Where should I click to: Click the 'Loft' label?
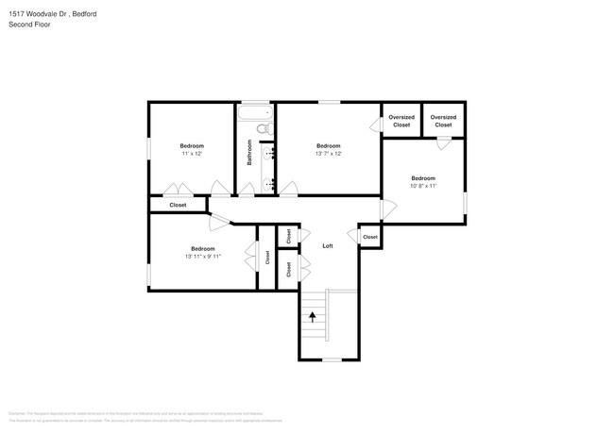[328, 245]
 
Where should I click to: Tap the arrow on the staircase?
[313, 318]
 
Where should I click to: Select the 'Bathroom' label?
[250, 153]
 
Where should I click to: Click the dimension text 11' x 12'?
[192, 153]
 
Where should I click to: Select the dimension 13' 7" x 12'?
[328, 153]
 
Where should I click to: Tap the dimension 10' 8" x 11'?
[422, 186]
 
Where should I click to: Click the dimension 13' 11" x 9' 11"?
[202, 256]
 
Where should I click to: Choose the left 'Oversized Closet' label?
[401, 121]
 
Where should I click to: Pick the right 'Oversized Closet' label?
[443, 121]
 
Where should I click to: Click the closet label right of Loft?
[369, 237]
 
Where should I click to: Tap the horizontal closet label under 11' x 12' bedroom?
[178, 205]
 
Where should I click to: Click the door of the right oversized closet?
[443, 142]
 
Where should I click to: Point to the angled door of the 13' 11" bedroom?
[219, 223]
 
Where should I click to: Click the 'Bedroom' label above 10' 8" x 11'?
[422, 178]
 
